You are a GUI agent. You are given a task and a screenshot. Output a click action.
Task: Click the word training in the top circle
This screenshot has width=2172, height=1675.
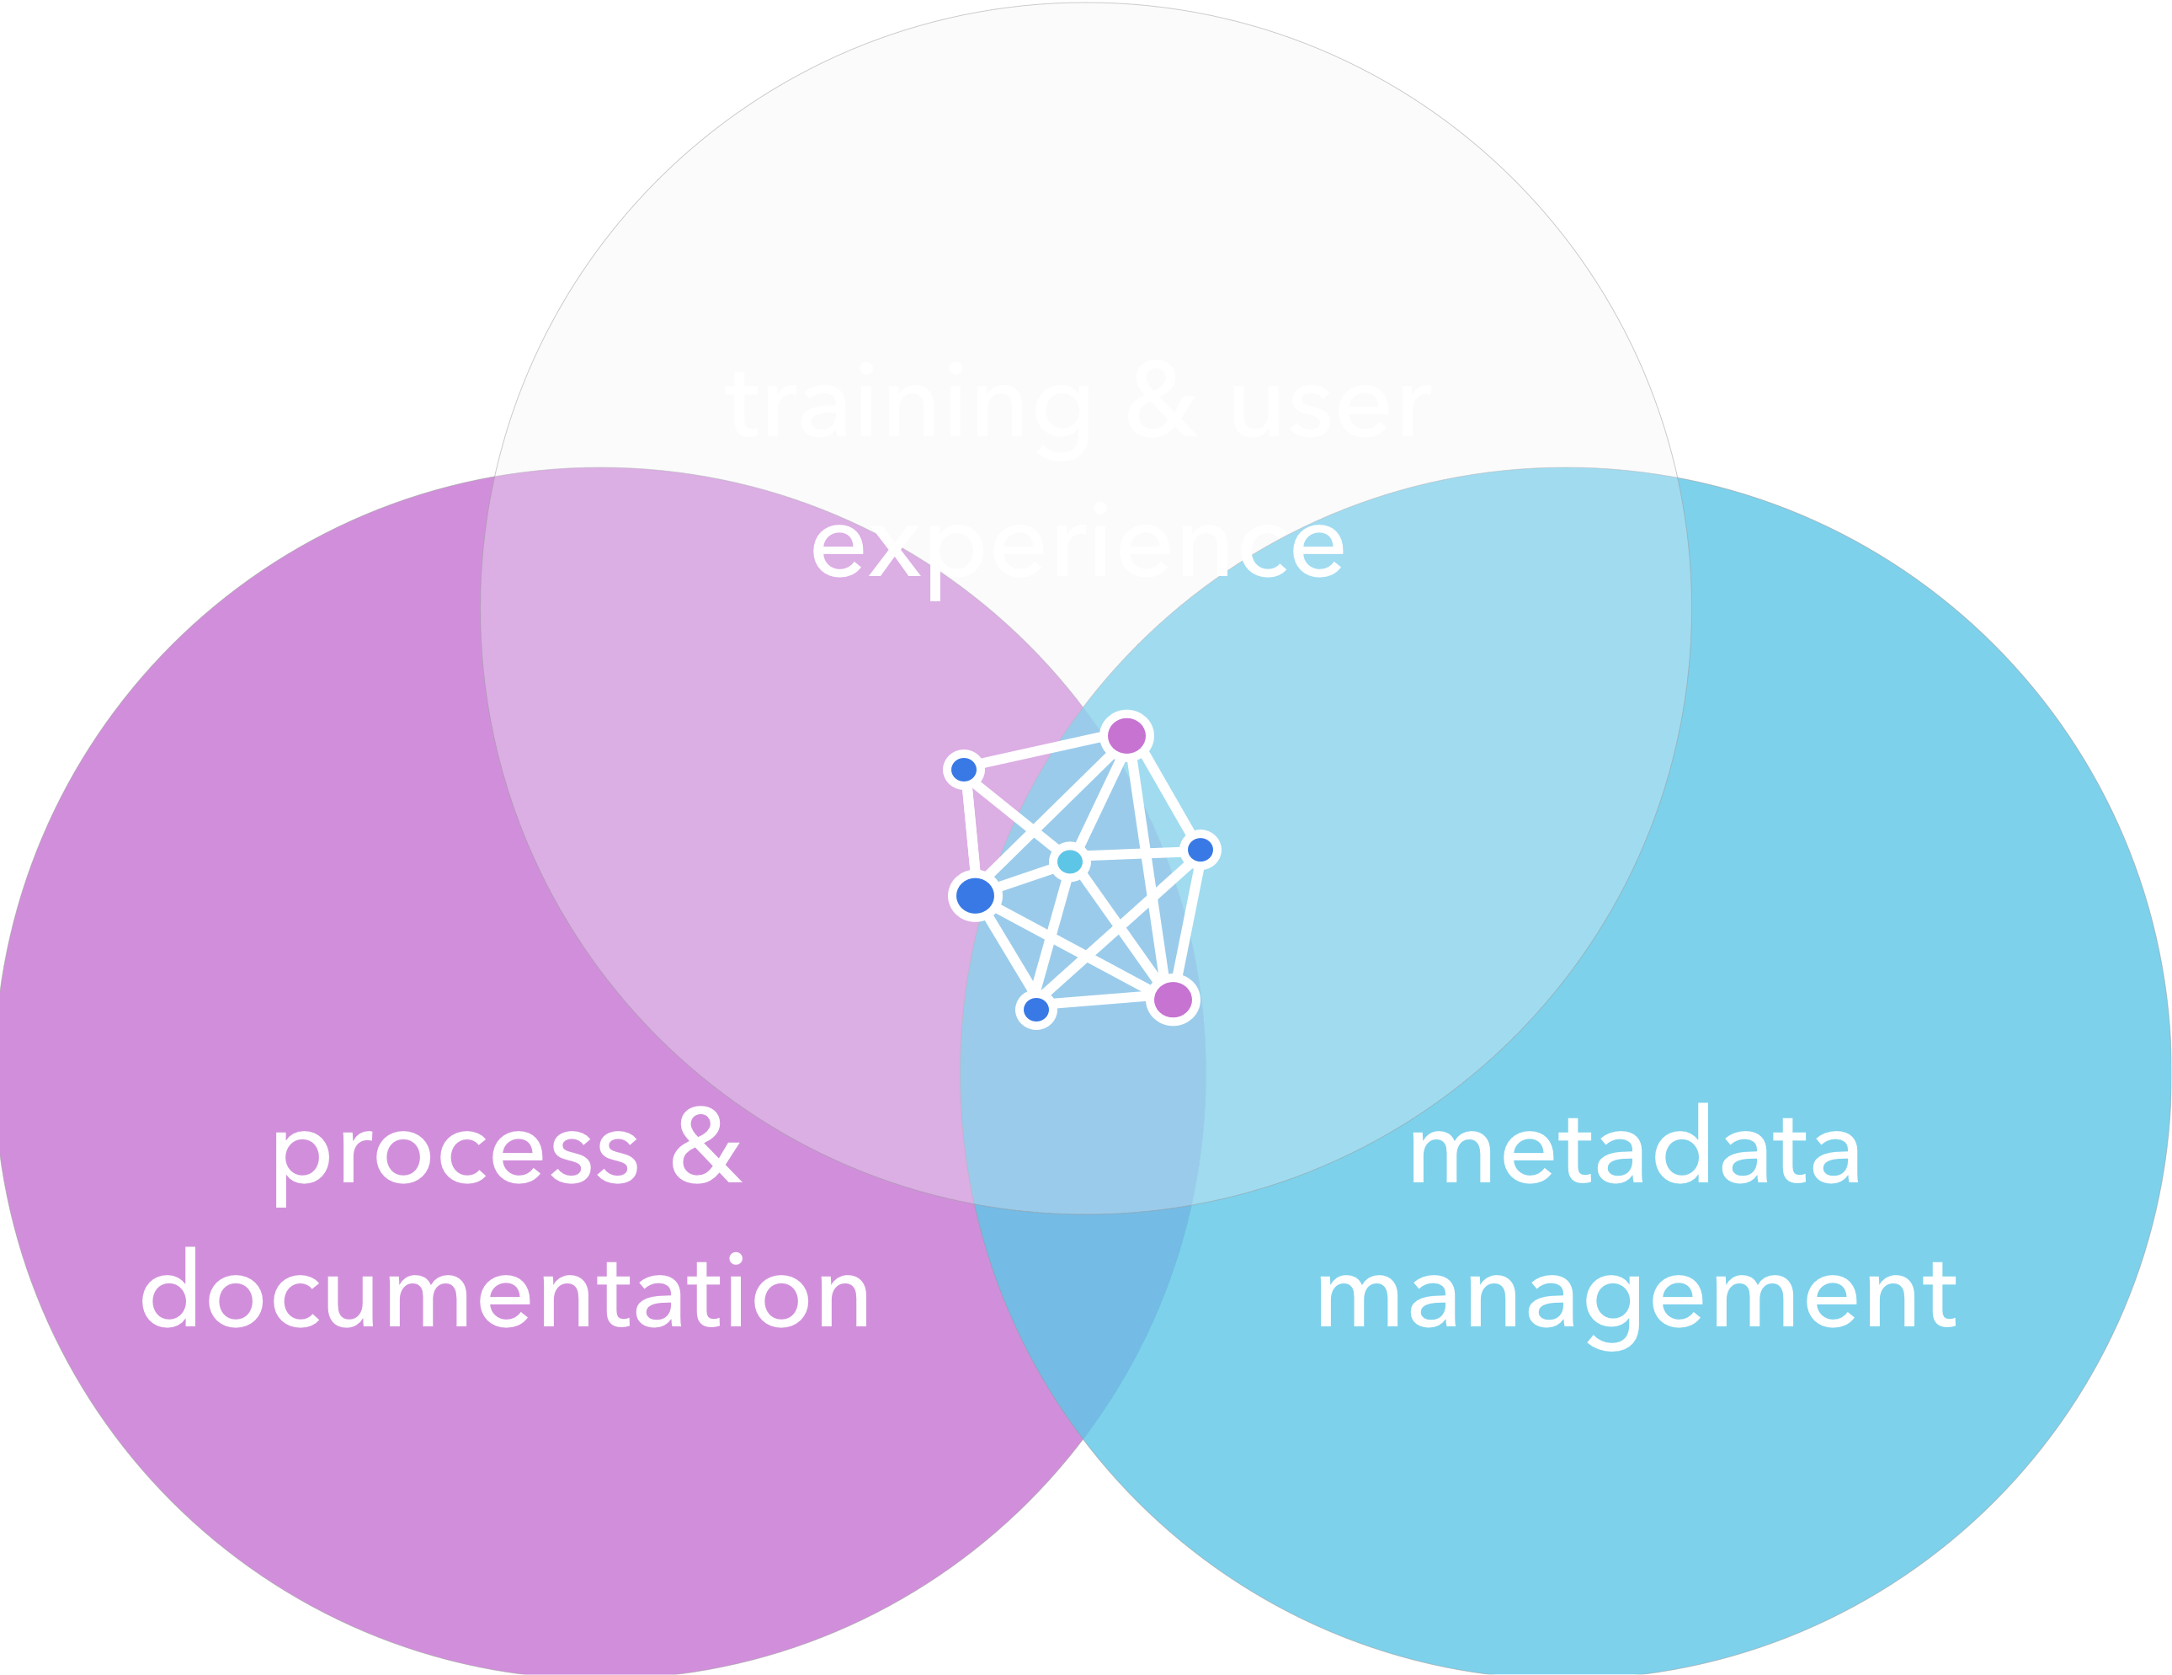907,405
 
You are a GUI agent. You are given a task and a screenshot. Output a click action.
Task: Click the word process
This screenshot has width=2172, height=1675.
455,1154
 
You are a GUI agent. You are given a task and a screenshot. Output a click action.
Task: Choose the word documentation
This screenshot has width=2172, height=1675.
505,1293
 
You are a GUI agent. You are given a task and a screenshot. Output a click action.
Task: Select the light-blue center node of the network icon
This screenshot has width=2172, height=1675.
1070,862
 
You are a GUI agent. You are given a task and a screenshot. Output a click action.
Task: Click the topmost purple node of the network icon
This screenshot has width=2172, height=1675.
1126,736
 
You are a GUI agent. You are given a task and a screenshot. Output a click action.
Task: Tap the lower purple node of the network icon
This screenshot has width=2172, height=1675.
1174,999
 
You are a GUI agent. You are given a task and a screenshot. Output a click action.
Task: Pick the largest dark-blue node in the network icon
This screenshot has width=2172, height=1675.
975,895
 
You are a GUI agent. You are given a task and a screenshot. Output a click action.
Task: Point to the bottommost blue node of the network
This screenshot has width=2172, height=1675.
1036,1010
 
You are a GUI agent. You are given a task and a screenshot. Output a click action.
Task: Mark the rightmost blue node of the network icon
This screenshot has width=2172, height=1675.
1200,850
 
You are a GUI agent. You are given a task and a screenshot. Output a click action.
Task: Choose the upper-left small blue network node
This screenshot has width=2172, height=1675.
964,769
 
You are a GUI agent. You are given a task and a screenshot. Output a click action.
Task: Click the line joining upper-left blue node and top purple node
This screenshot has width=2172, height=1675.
1044,753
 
